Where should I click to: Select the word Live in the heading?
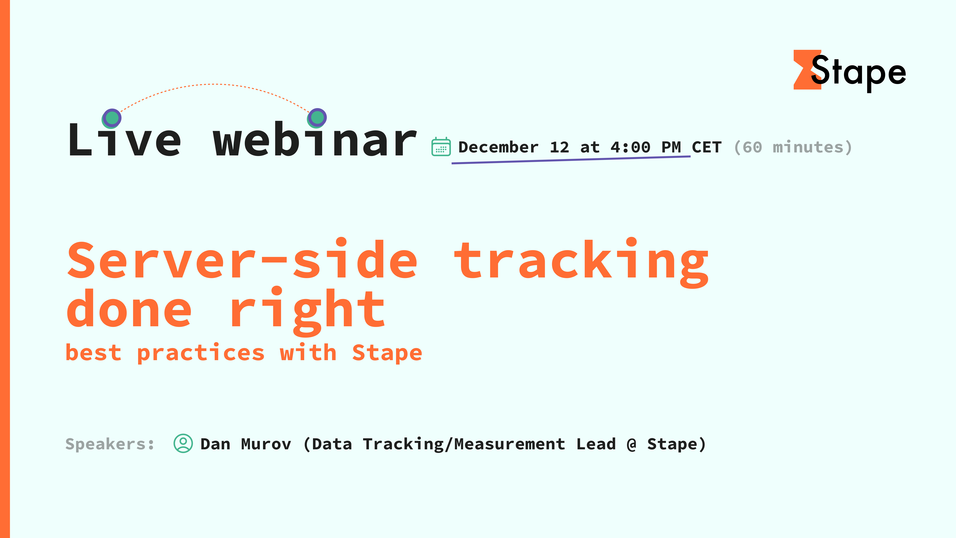click(124, 140)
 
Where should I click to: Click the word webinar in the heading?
click(315, 140)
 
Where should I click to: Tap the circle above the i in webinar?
click(317, 118)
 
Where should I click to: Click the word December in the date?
click(498, 147)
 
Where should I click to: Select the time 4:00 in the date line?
click(630, 147)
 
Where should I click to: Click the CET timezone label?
click(707, 147)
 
